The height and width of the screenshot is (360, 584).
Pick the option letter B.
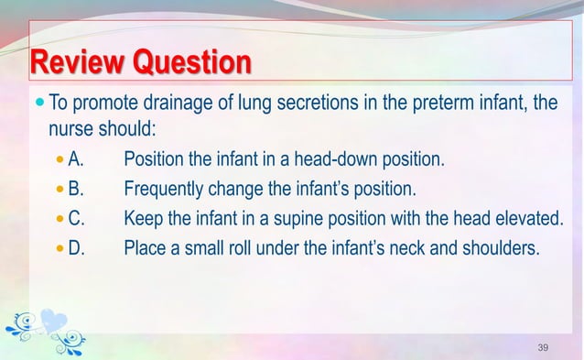77,189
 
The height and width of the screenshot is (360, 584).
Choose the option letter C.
77,218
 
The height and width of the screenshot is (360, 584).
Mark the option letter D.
77,246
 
